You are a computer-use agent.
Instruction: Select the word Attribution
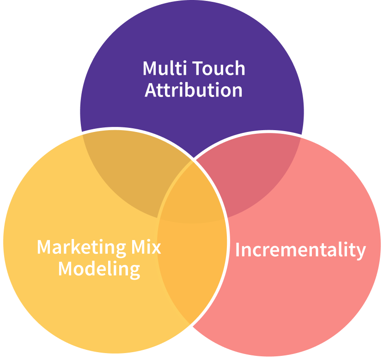(x=193, y=90)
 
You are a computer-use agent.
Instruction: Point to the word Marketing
(x=80, y=247)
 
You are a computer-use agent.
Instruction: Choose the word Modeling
(x=99, y=269)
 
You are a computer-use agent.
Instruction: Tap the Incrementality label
(x=300, y=250)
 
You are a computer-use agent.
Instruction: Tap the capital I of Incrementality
(x=238, y=250)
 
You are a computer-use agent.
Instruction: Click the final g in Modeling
(x=134, y=270)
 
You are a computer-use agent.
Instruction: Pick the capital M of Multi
(x=149, y=68)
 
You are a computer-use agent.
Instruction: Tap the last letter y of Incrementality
(x=361, y=252)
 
